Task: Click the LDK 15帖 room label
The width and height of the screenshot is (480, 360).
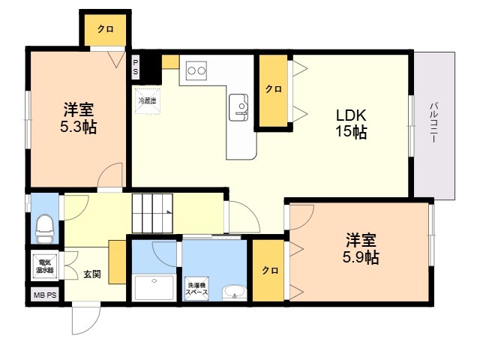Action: click(351, 124)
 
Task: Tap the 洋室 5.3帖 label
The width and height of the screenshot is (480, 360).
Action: click(78, 118)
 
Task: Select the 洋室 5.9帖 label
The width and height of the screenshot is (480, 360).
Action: click(361, 248)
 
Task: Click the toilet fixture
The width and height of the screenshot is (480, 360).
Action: click(45, 229)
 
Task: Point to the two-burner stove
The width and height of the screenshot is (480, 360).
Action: click(196, 70)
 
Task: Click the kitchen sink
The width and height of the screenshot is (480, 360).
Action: click(238, 107)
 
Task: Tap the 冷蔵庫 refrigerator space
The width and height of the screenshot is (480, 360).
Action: click(148, 100)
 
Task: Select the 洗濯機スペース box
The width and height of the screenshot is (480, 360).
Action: click(197, 288)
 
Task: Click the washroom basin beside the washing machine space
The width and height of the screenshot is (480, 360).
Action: click(234, 292)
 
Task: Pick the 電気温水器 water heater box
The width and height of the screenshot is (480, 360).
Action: click(45, 266)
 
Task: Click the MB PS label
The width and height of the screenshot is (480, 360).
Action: click(45, 295)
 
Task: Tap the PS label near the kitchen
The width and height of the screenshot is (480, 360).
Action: click(135, 67)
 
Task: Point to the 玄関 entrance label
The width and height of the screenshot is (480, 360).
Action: click(92, 274)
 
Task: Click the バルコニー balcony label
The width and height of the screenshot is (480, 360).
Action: click(433, 122)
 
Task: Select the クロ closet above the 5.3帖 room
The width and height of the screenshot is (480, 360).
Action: click(105, 30)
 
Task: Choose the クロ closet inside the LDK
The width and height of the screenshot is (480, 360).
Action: click(273, 90)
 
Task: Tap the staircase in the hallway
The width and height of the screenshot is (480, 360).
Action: click(153, 213)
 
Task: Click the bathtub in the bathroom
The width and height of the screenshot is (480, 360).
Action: click(154, 288)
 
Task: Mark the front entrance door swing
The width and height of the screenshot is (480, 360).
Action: click(86, 318)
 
